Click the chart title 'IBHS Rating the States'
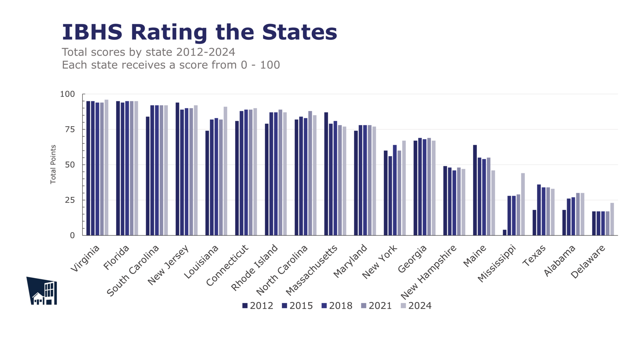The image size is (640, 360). click(x=199, y=32)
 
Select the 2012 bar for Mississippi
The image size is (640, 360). click(x=504, y=232)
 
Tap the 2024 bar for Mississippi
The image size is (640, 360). click(x=523, y=204)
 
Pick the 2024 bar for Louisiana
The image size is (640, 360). click(x=225, y=171)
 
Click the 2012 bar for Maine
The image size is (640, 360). click(x=475, y=190)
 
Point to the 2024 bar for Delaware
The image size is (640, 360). click(x=612, y=219)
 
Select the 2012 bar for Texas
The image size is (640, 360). click(x=534, y=222)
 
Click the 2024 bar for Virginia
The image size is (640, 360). click(x=106, y=167)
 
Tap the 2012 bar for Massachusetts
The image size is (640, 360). click(x=326, y=174)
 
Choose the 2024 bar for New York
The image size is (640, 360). click(x=404, y=188)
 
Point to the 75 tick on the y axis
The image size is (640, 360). click(x=70, y=129)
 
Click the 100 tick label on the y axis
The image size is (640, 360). click(x=67, y=94)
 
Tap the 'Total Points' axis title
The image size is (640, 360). click(x=53, y=164)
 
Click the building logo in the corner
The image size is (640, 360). click(x=42, y=291)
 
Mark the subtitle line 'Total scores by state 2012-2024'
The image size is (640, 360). click(x=148, y=52)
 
